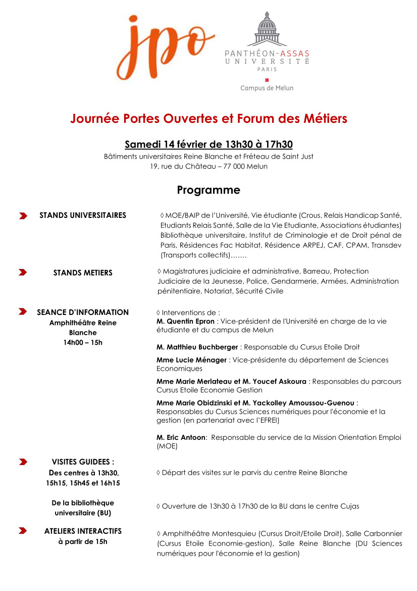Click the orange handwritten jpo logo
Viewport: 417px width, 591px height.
tap(164, 47)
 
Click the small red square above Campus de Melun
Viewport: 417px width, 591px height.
tap(267, 79)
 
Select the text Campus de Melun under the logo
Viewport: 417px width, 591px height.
tap(267, 88)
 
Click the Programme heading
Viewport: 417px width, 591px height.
tap(209, 190)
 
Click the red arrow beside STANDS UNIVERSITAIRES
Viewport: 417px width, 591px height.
tap(23, 216)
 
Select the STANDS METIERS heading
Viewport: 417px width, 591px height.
tap(83, 273)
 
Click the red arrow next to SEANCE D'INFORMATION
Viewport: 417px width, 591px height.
tap(23, 312)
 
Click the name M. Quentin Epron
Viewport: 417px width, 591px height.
tap(185, 321)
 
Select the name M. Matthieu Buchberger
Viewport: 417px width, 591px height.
tap(197, 347)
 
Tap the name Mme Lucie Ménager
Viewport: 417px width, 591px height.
tap(192, 360)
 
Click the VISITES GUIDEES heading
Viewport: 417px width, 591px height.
tap(83, 462)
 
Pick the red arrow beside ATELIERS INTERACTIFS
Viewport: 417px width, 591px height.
tap(23, 531)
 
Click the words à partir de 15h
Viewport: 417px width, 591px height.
tap(83, 542)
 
